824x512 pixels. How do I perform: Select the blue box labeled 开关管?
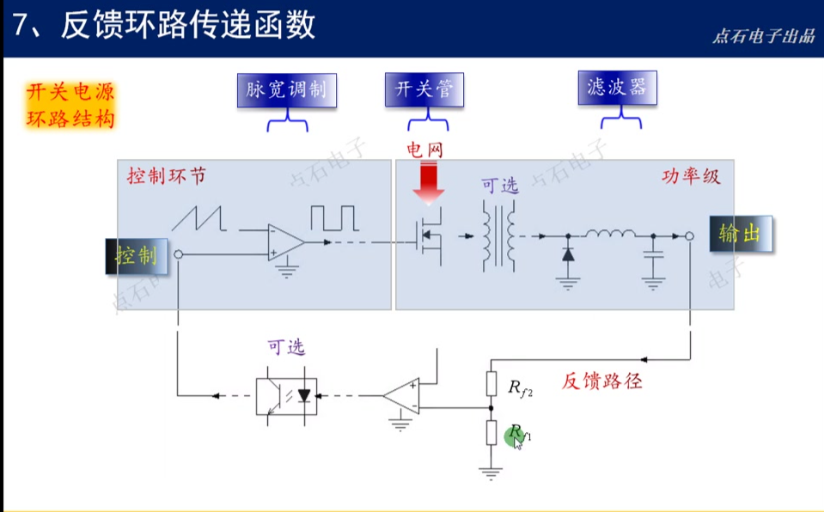[424, 89]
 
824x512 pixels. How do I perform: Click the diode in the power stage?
[567, 255]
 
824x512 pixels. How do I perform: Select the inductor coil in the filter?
[610, 233]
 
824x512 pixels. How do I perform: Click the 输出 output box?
[740, 233]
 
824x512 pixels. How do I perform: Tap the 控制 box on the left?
[137, 255]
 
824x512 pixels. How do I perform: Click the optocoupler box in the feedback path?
[286, 396]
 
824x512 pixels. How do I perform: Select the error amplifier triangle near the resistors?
[402, 396]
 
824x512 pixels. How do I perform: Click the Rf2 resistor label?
[520, 388]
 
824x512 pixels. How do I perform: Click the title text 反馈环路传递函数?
[188, 26]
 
